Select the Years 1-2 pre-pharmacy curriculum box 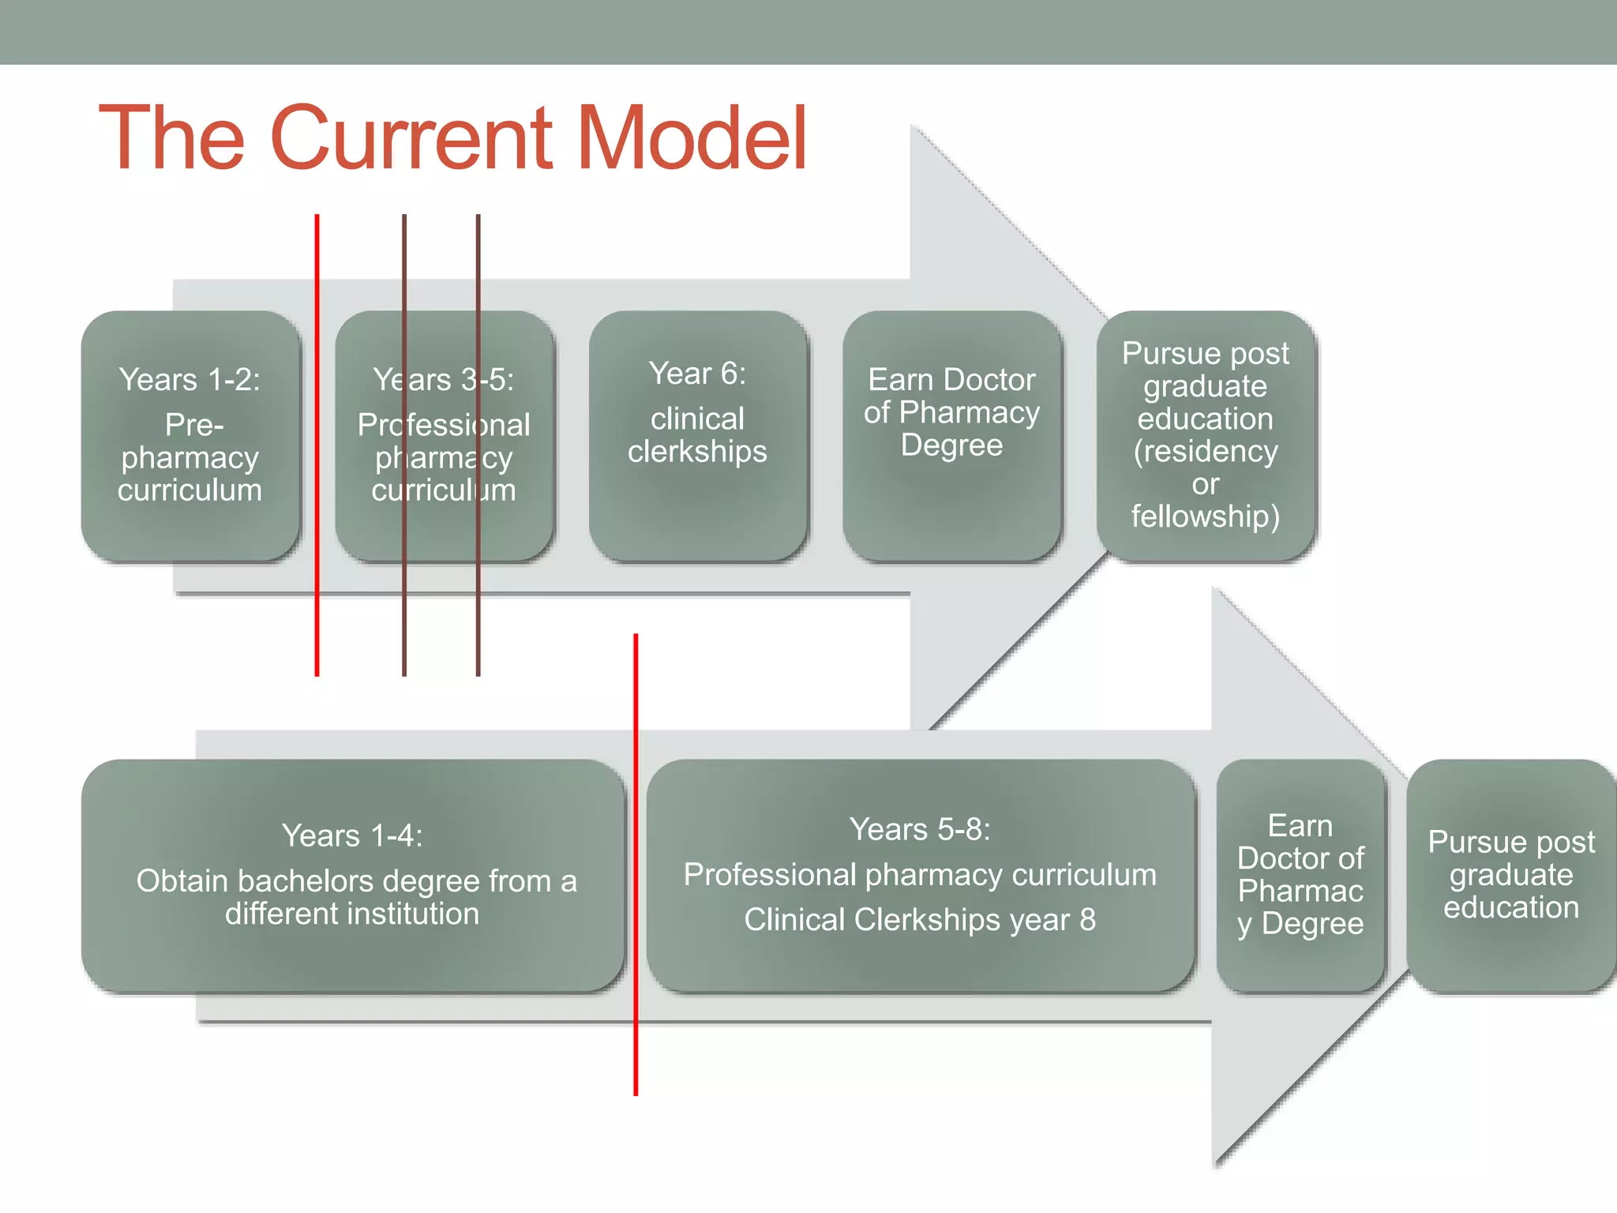click(190, 435)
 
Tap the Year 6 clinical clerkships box click(698, 435)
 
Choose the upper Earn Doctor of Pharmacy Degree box click(951, 435)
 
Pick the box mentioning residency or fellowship click(1206, 435)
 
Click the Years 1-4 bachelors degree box click(353, 875)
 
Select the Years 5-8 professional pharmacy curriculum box click(920, 875)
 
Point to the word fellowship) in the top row click(1206, 516)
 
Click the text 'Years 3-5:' click(444, 380)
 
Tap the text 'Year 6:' click(698, 374)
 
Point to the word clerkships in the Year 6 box click(698, 452)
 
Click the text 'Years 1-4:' click(353, 836)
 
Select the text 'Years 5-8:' click(920, 829)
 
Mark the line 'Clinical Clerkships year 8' click(920, 919)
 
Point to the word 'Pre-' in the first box click(194, 425)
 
